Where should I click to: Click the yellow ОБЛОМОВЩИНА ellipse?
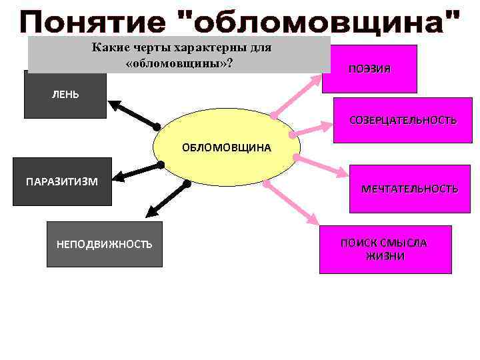click(x=227, y=147)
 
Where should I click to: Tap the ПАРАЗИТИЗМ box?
click(x=61, y=181)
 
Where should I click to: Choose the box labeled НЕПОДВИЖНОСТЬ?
click(x=105, y=244)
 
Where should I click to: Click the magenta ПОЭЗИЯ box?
click(x=369, y=69)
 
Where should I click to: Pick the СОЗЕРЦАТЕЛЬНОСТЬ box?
click(x=403, y=121)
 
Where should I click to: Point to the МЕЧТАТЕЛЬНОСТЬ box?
click(x=409, y=189)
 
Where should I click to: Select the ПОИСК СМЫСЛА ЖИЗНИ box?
click(x=385, y=249)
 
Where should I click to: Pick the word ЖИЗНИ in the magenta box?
click(x=385, y=257)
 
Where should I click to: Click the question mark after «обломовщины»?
click(x=229, y=62)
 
